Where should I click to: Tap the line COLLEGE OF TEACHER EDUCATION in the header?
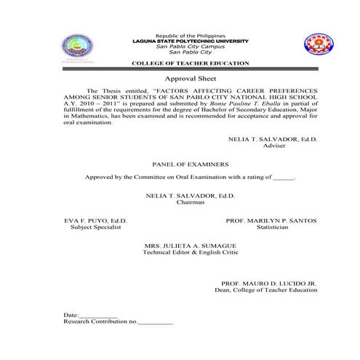(x=191, y=65)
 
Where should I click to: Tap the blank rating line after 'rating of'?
(x=284, y=177)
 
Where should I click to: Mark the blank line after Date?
(x=98, y=315)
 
